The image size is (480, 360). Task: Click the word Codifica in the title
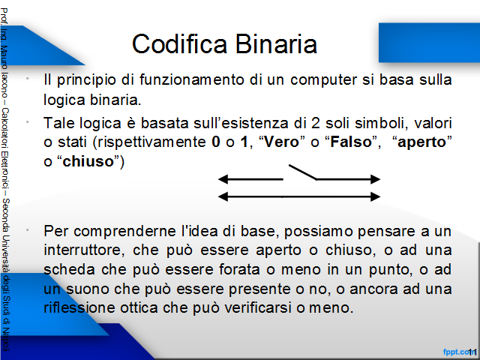pyautogui.click(x=180, y=43)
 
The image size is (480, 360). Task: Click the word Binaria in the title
pyautogui.click(x=276, y=43)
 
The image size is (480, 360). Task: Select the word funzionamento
pyautogui.click(x=192, y=79)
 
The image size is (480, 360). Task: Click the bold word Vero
pyautogui.click(x=281, y=142)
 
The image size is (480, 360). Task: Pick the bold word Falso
pyautogui.click(x=351, y=142)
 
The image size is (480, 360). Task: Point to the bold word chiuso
pyautogui.click(x=88, y=161)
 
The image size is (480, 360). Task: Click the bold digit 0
pyautogui.click(x=216, y=142)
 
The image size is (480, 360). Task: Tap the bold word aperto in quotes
pyautogui.click(x=421, y=142)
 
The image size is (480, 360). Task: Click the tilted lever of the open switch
pyautogui.click(x=303, y=172)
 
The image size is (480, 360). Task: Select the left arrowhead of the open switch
pyautogui.click(x=223, y=179)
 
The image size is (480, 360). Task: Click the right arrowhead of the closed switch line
pyautogui.click(x=375, y=196)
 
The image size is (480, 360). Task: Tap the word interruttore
pyautogui.click(x=84, y=250)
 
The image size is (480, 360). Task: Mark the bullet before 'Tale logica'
pyautogui.click(x=28, y=121)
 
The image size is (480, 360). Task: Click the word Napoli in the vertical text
pyautogui.click(x=5, y=340)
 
